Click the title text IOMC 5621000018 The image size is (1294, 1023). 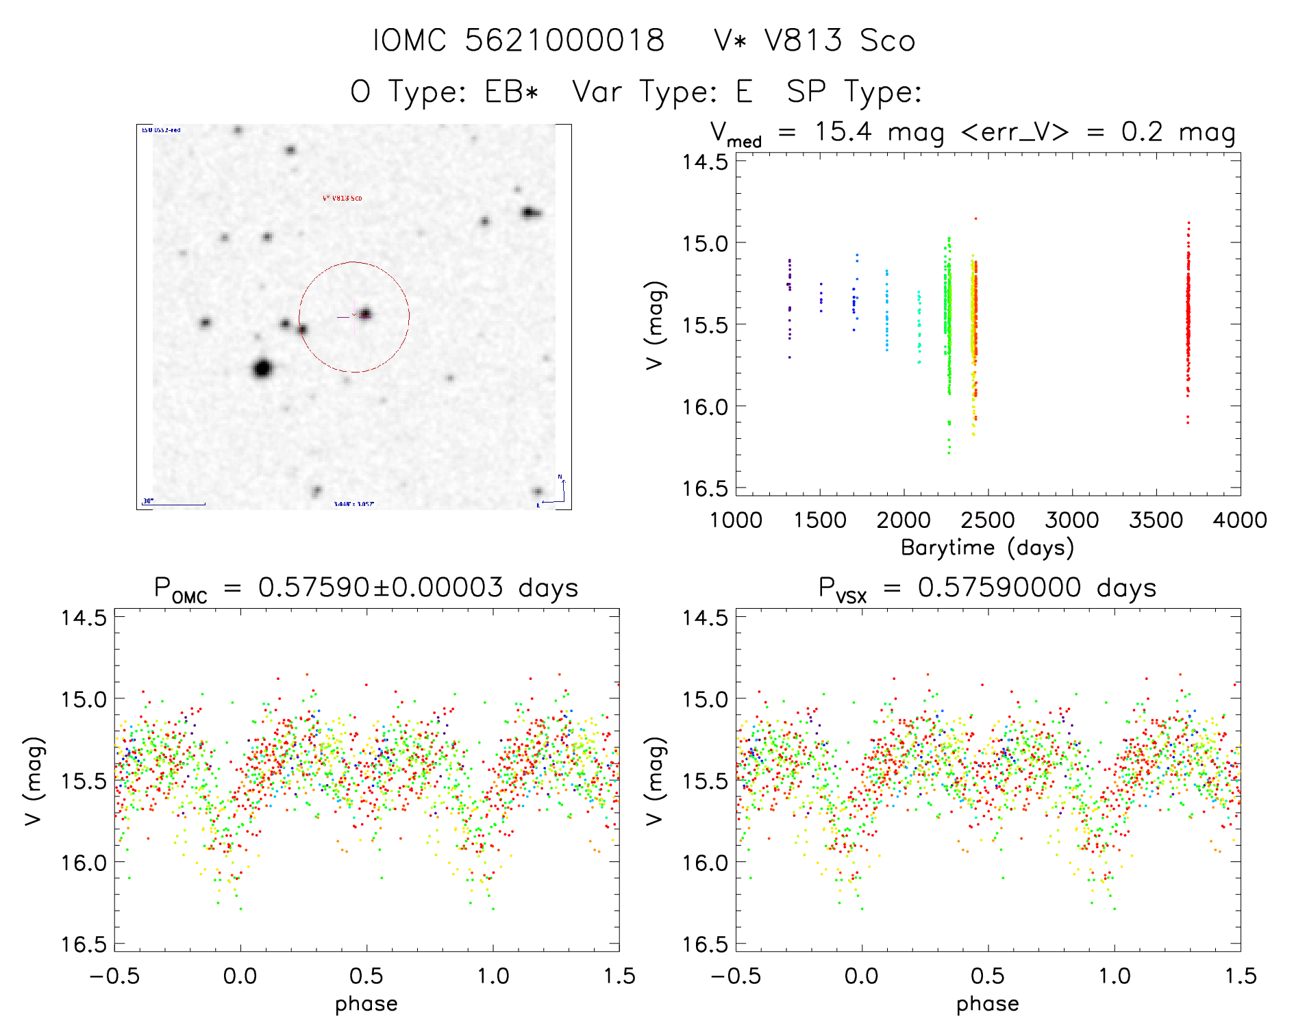519,40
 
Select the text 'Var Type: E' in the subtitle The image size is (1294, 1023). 662,92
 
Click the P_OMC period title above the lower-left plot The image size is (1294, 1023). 366,588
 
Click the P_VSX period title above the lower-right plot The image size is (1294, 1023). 987,588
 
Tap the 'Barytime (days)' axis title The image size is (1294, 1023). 987,548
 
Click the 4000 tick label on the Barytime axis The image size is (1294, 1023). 1239,520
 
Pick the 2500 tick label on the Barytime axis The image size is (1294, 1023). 987,520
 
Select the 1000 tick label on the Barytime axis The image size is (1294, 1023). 736,520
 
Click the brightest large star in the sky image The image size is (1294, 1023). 262,368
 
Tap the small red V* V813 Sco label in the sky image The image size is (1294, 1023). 342,199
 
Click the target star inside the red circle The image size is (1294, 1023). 365,314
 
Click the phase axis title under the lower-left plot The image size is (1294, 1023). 366,1004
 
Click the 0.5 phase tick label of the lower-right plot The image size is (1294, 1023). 987,976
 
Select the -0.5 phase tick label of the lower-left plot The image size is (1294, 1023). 114,976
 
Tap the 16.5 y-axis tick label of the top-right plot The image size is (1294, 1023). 704,488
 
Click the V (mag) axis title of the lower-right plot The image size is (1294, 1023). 655,781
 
